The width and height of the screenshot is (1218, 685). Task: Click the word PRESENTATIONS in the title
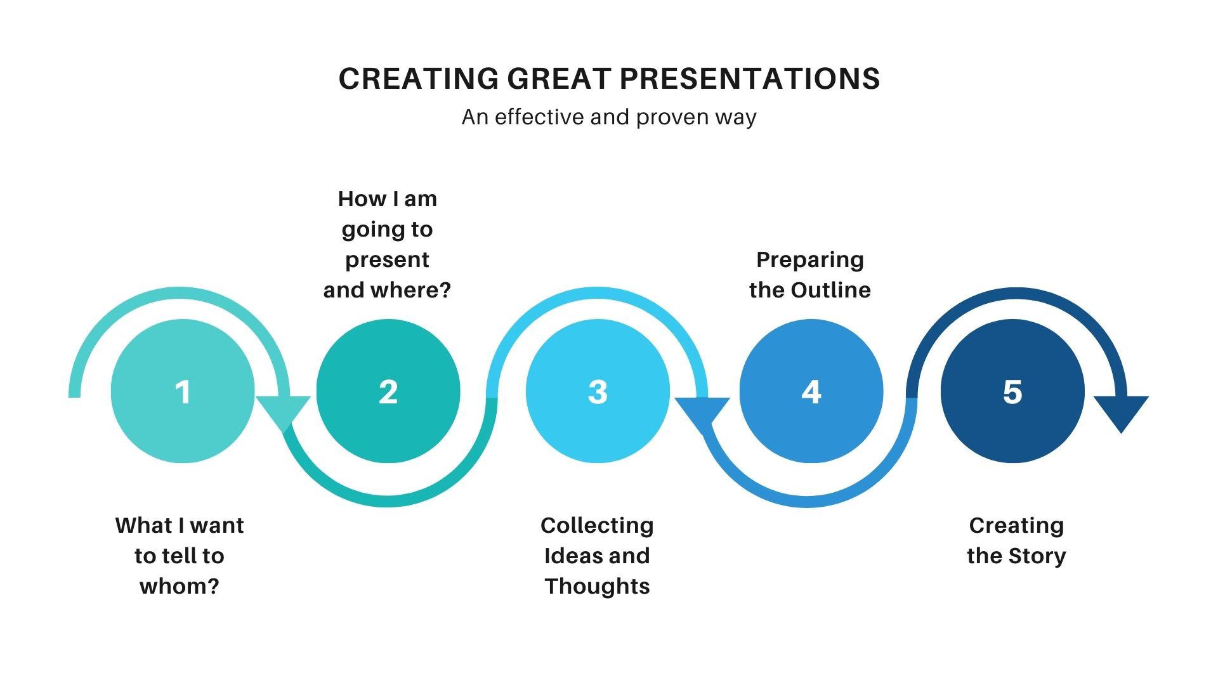click(750, 79)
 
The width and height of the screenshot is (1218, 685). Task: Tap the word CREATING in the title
click(419, 79)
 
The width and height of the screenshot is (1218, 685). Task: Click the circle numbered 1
click(183, 391)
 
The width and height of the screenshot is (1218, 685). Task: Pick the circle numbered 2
click(388, 391)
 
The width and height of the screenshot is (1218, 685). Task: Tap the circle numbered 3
click(598, 391)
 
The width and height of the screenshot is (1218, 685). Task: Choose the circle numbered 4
click(811, 391)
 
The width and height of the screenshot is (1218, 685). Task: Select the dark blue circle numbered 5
click(1012, 391)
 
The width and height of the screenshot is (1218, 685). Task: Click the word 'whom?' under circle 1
click(180, 586)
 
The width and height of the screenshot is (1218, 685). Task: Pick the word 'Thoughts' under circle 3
click(597, 586)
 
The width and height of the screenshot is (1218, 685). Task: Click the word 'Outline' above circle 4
click(830, 290)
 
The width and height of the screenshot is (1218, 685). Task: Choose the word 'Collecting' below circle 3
click(597, 526)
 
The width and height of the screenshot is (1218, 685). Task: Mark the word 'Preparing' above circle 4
click(810, 260)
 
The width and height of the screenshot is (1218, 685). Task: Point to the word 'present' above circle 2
click(387, 260)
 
